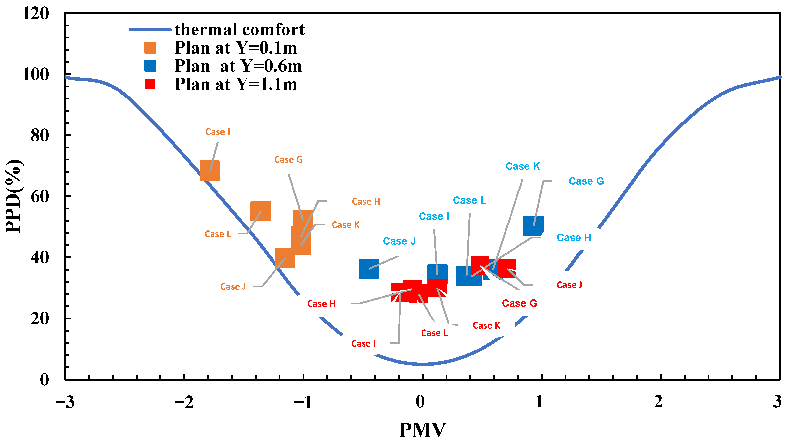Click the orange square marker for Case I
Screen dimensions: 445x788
(x=210, y=170)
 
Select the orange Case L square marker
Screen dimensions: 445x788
(x=260, y=211)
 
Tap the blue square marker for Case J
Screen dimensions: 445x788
(x=369, y=268)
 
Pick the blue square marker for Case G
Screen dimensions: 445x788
(x=533, y=226)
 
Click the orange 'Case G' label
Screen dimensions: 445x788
(x=288, y=159)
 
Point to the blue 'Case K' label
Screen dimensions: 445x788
(x=522, y=166)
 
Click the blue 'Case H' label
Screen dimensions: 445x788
(x=574, y=237)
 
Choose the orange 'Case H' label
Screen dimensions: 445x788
(x=366, y=201)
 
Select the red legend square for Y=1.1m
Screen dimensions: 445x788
(x=150, y=84)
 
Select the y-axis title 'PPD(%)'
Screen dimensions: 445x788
(x=14, y=196)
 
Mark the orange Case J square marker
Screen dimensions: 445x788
(x=285, y=258)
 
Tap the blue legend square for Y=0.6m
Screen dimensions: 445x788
(x=150, y=66)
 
